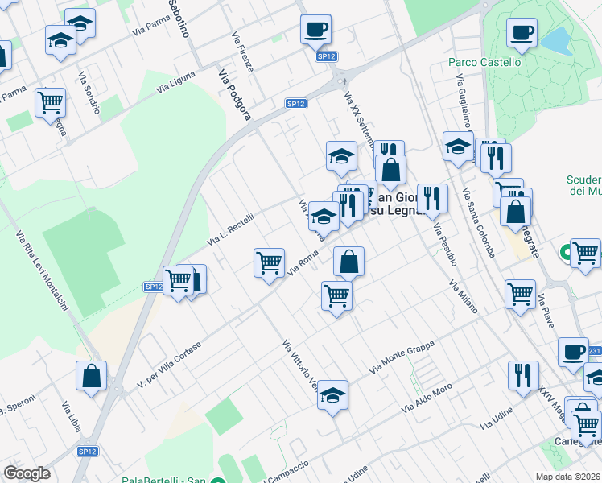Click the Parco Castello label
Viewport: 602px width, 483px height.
[x=484, y=62]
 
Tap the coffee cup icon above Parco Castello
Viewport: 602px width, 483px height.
[x=522, y=33]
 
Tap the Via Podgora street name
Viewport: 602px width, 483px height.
[x=235, y=93]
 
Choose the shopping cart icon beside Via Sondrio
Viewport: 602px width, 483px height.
[x=50, y=103]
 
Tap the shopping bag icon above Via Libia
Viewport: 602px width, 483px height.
[x=91, y=375]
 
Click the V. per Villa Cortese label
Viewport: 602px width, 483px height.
[x=168, y=365]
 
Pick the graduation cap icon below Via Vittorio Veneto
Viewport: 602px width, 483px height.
[x=332, y=394]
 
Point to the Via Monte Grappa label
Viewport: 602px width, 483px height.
[x=402, y=357]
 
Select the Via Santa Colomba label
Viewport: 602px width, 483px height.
[x=477, y=222]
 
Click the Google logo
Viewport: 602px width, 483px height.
[x=27, y=473]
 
